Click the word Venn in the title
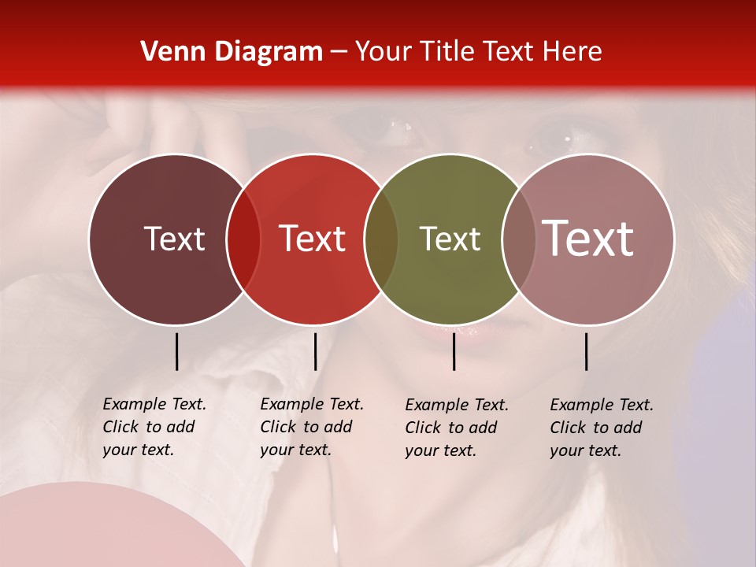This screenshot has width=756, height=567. [167, 52]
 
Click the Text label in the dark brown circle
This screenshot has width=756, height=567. [174, 239]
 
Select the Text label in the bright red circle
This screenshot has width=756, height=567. [313, 239]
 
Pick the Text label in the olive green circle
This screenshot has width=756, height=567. [450, 239]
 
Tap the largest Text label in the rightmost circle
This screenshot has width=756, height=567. [588, 239]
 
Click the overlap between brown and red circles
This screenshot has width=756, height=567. [243, 239]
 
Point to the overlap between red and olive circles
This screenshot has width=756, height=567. [381, 239]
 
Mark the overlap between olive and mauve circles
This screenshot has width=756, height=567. [519, 239]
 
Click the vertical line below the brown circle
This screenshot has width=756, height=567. [176, 351]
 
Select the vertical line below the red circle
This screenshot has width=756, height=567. [315, 351]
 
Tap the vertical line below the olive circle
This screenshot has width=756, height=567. [454, 351]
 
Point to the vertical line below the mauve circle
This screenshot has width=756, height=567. [587, 351]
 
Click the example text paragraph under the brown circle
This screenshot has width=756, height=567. [154, 427]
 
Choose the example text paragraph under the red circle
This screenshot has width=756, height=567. [312, 427]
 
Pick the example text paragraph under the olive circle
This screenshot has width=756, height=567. [457, 428]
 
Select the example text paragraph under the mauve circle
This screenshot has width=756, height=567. [602, 428]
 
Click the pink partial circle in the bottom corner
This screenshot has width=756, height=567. [94, 528]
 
